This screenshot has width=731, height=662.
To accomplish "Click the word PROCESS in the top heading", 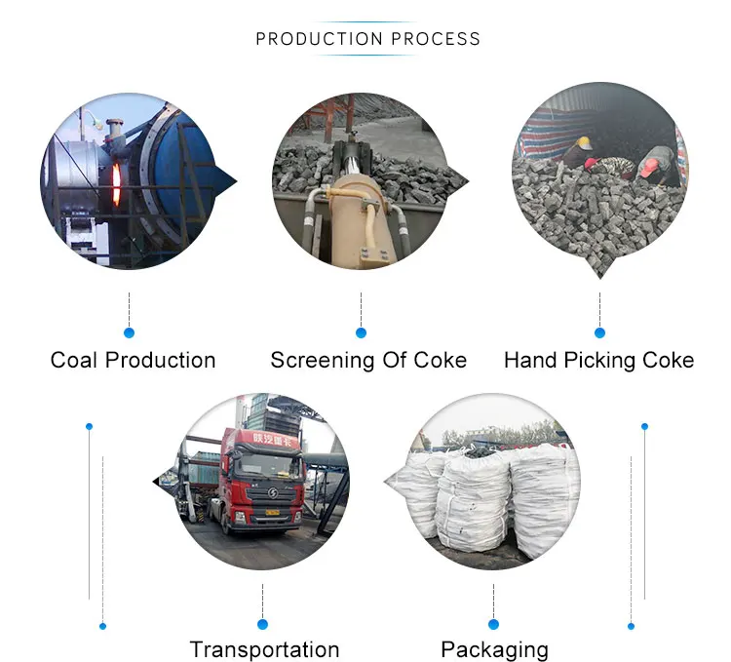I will (435, 39).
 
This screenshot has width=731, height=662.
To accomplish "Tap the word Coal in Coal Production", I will (74, 360).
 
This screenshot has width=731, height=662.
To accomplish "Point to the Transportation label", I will (264, 649).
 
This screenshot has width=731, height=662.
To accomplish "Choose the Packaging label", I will (494, 649).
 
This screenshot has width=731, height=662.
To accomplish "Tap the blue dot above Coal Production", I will (130, 332).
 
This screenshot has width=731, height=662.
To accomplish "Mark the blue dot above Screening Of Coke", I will (361, 332).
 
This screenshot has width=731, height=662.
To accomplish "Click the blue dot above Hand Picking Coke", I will (599, 332).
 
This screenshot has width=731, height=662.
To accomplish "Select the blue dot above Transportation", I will (262, 624).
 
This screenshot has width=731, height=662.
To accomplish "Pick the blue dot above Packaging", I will (493, 624).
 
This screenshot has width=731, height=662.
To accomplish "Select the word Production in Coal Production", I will (160, 360).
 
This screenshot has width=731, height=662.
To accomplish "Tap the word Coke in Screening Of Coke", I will (441, 360).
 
